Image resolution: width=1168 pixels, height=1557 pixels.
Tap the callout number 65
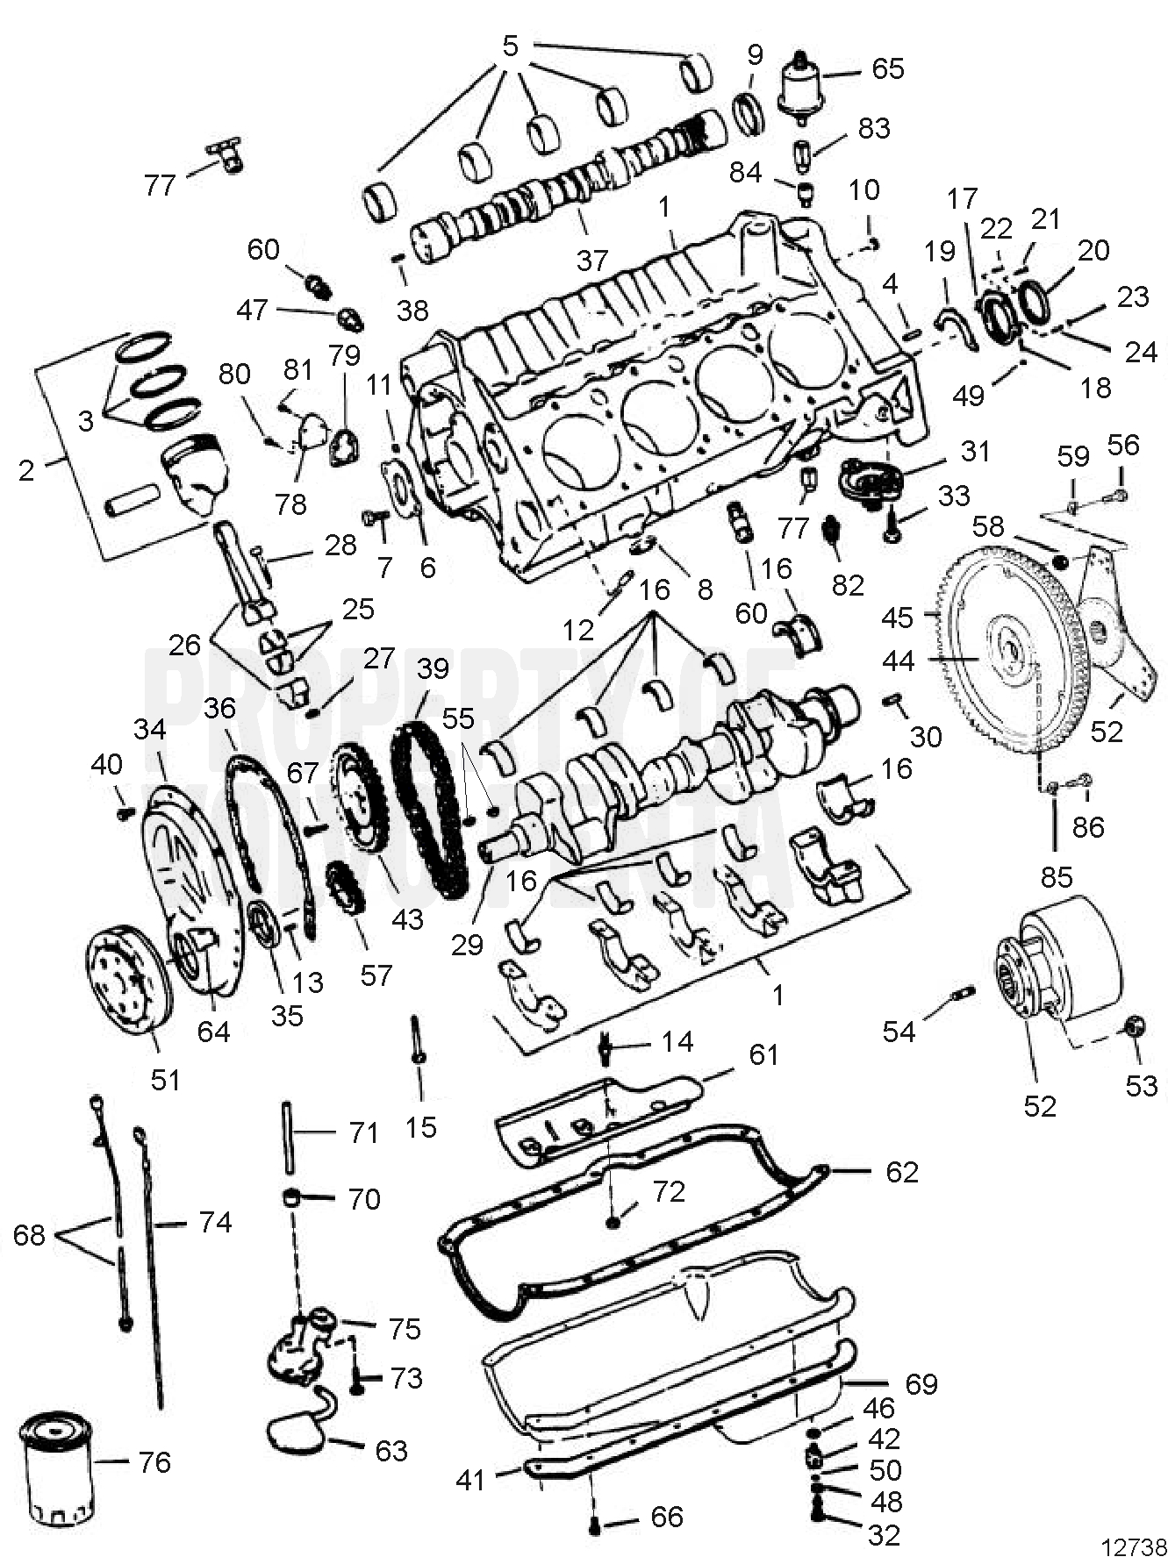tap(887, 68)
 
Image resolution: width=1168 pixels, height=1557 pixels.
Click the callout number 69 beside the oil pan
tap(921, 1383)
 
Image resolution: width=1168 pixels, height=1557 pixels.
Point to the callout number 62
tap(901, 1172)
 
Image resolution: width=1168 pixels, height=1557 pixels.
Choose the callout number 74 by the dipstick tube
tap(216, 1222)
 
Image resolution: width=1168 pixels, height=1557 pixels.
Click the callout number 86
tap(1088, 826)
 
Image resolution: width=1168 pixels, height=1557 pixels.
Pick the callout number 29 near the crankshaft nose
tap(467, 944)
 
